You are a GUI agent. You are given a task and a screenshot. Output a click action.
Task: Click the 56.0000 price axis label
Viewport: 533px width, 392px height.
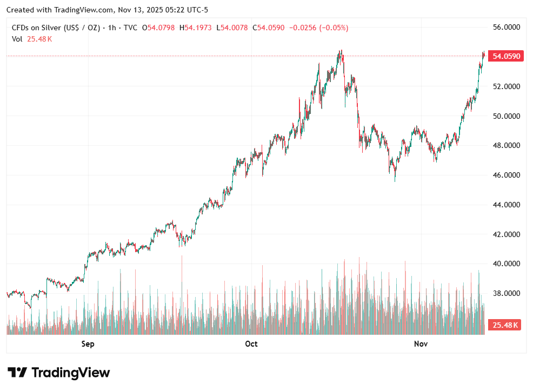(x=505, y=27)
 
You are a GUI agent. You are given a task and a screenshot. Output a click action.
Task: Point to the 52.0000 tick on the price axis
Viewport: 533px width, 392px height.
(x=505, y=86)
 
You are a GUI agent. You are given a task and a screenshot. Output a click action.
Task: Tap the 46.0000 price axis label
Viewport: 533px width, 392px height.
(x=505, y=175)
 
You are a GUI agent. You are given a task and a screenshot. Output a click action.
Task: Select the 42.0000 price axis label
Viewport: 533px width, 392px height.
(x=505, y=234)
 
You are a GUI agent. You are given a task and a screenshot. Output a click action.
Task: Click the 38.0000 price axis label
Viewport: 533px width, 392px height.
(x=505, y=293)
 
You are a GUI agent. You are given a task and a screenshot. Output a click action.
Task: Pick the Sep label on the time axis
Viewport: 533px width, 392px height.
(x=88, y=344)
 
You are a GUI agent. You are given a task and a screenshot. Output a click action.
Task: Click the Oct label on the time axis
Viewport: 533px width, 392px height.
(x=251, y=344)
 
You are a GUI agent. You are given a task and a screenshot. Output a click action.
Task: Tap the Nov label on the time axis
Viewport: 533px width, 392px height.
(x=421, y=344)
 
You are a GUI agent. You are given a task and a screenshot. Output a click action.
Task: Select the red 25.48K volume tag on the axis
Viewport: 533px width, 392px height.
(x=504, y=325)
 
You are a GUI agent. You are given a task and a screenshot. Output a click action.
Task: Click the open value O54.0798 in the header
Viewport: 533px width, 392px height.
(x=158, y=28)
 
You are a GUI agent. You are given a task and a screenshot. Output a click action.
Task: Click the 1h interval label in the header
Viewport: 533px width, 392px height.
(x=112, y=28)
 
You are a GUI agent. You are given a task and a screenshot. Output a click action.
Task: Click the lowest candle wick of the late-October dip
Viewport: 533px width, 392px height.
(x=395, y=180)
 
